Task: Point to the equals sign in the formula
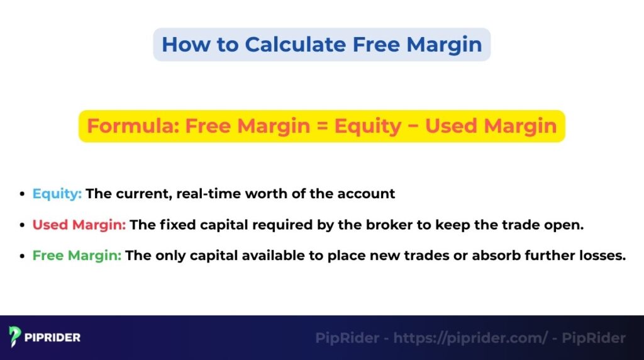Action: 320,126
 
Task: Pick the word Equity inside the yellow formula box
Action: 367,126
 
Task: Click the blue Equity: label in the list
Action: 57,194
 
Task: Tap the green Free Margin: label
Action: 77,256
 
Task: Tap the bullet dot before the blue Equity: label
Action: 23,194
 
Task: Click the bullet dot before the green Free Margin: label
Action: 23,256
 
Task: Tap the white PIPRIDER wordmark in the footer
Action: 53,337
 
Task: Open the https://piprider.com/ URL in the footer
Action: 470,338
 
